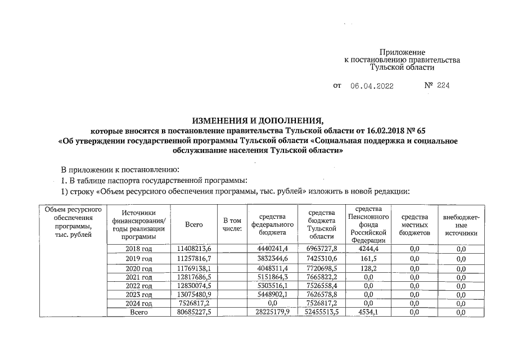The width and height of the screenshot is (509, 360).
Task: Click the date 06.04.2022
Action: click(x=372, y=86)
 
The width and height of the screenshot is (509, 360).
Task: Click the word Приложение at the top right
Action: click(x=402, y=52)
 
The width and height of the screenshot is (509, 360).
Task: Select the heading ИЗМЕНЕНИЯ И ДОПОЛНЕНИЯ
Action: click(x=258, y=120)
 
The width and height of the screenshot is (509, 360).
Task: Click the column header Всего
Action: click(x=193, y=224)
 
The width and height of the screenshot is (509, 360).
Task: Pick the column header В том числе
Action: click(x=232, y=224)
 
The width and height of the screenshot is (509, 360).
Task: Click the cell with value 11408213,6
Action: click(x=193, y=249)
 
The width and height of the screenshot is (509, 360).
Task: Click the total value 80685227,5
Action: click(x=193, y=313)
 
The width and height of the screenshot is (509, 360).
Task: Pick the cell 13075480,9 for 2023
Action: click(x=193, y=294)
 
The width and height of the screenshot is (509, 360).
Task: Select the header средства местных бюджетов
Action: click(x=415, y=224)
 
